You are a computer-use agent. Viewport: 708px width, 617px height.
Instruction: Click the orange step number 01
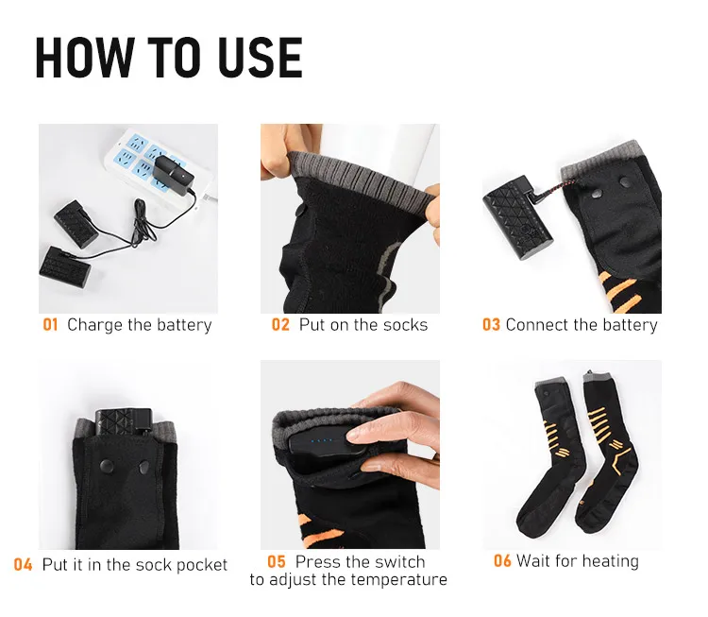point(50,325)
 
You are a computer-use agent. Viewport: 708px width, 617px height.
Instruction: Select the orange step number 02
point(280,325)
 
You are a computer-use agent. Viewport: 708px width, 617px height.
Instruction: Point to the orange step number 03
point(491,325)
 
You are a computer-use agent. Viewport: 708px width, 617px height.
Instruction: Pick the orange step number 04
point(24,565)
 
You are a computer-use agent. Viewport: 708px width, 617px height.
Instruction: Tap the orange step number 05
point(276,562)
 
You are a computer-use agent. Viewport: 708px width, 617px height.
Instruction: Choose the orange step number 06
point(502,561)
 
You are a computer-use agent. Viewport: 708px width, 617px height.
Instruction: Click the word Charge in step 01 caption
point(94,325)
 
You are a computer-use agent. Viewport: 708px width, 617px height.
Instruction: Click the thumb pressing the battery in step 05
point(363,437)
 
